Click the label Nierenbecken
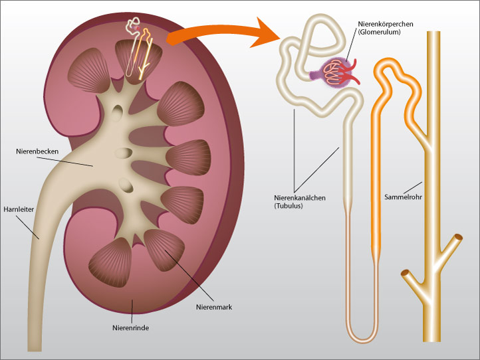(38, 151)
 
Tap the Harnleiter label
(19, 208)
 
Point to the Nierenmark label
(213, 307)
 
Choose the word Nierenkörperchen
(384, 24)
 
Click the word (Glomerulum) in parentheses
(379, 33)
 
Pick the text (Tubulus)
(289, 207)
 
